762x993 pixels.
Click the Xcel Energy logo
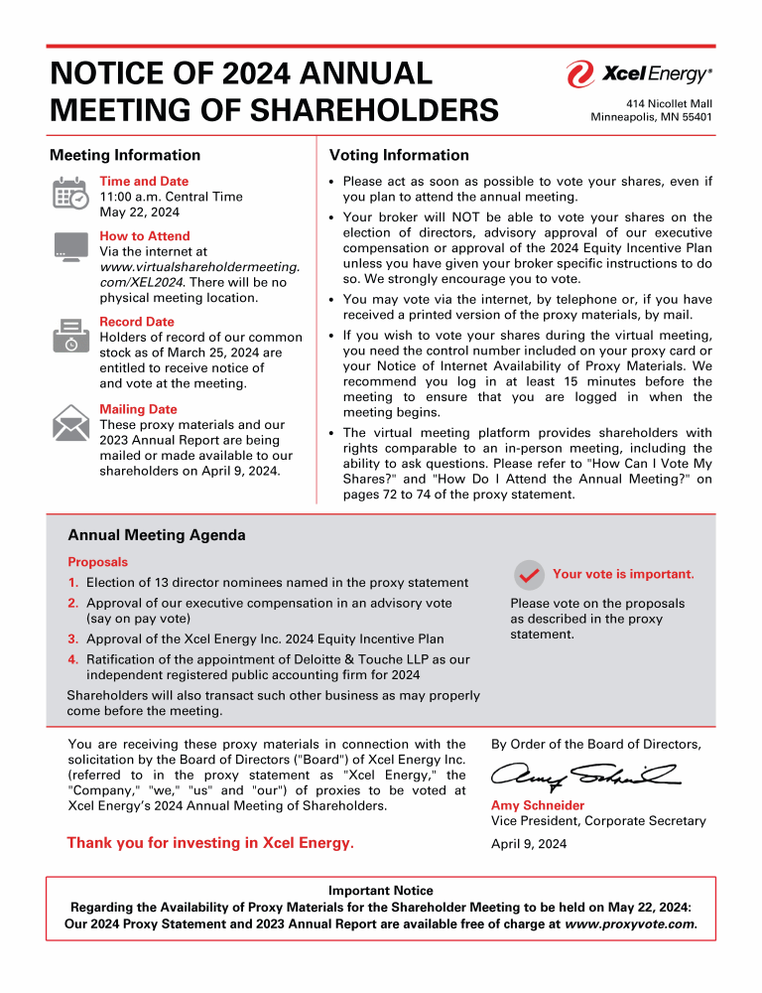point(639,74)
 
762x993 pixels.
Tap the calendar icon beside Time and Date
point(69,193)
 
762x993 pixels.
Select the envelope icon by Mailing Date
point(69,422)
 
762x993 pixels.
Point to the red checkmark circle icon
point(529,575)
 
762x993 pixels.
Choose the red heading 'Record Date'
point(137,322)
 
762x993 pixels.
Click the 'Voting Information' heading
point(399,155)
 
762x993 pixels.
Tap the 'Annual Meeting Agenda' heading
point(156,535)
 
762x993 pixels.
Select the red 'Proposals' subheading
point(97,562)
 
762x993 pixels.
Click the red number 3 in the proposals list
point(72,639)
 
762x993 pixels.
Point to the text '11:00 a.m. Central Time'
point(171,197)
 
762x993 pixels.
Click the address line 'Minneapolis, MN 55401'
point(651,117)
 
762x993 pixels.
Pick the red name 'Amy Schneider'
point(538,805)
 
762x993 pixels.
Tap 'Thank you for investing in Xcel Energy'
point(209,843)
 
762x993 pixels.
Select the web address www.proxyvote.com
point(630,923)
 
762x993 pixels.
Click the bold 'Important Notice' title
point(380,891)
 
